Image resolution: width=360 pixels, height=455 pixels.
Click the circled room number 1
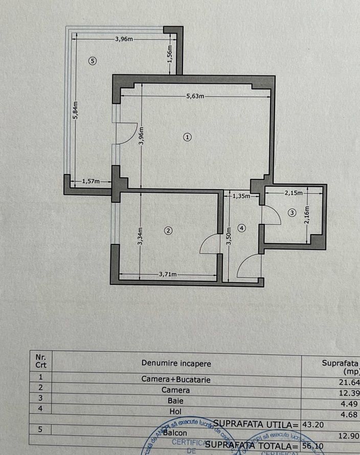(x=188, y=137)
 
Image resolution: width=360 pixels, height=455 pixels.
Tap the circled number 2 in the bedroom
(x=168, y=231)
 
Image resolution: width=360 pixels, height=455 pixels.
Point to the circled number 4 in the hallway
(x=242, y=229)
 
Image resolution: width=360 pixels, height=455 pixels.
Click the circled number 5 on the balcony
(x=92, y=61)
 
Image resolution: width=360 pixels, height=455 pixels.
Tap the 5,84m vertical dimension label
(x=75, y=108)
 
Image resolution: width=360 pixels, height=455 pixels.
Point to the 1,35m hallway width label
(x=241, y=196)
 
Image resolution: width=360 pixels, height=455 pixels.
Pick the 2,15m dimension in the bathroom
(x=293, y=193)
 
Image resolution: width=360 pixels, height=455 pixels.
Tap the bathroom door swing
(x=271, y=214)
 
